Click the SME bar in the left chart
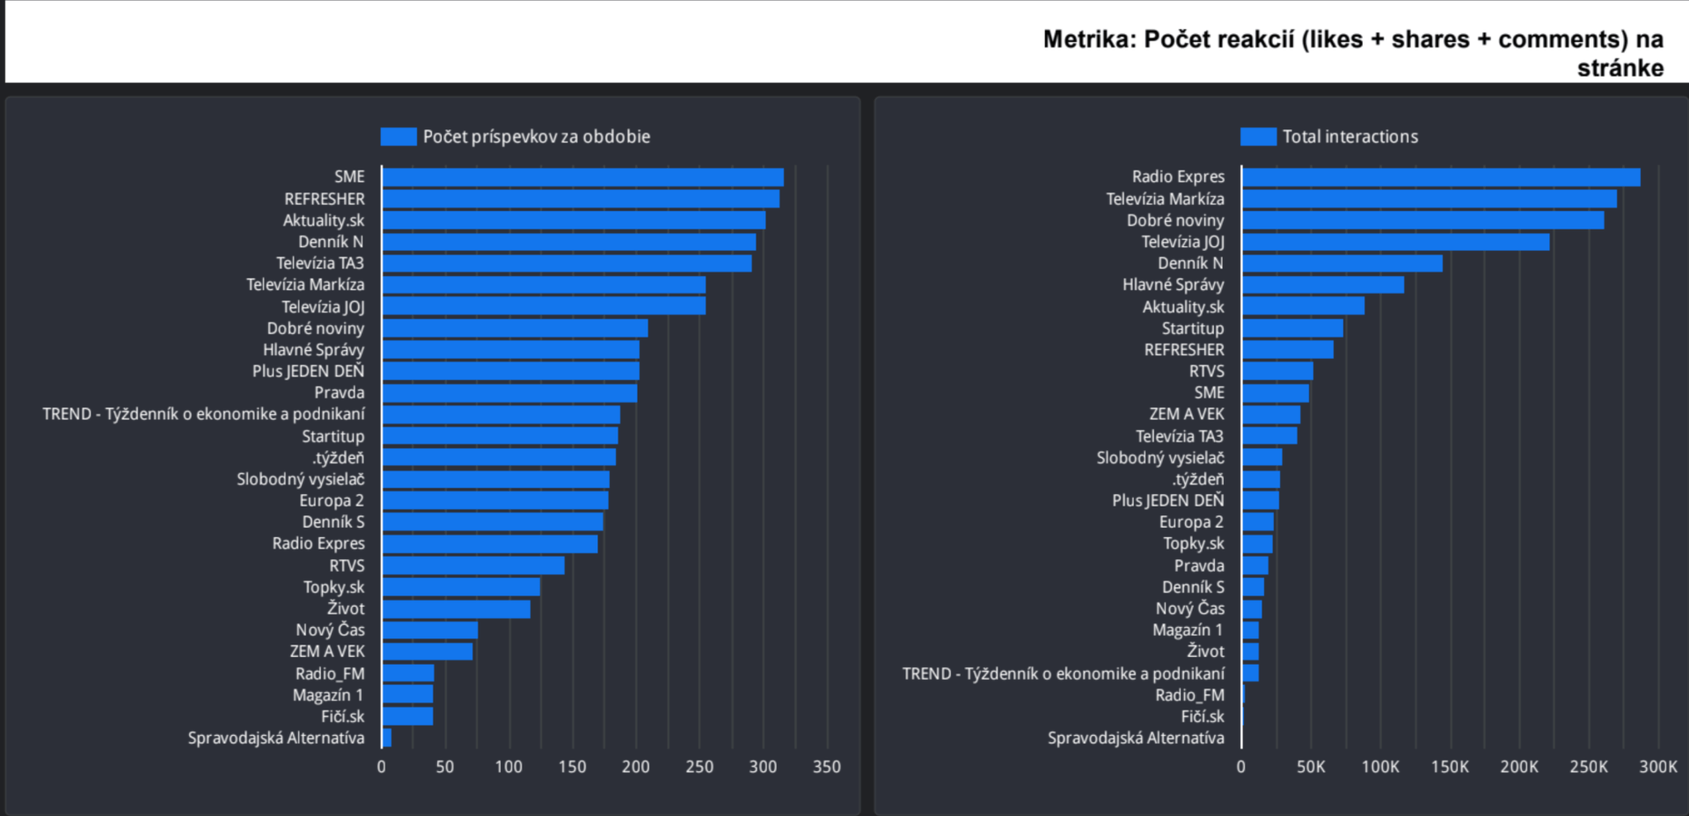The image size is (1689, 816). pyautogui.click(x=582, y=177)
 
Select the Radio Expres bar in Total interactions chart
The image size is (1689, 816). pyautogui.click(x=1441, y=177)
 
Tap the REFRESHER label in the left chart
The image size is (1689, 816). pyautogui.click(x=324, y=199)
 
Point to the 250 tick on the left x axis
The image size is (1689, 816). pyautogui.click(x=699, y=767)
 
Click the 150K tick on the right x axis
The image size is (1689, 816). pyautogui.click(x=1450, y=767)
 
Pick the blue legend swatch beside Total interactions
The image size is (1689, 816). pyautogui.click(x=1258, y=136)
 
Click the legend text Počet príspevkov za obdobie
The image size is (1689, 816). pyautogui.click(x=536, y=136)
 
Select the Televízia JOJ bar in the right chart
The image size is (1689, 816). pyautogui.click(x=1395, y=242)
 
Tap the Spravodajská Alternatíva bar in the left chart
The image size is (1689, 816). pyautogui.click(x=387, y=738)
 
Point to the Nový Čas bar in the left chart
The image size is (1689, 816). pyautogui.click(x=430, y=630)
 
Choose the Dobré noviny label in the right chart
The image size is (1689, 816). pyautogui.click(x=1175, y=221)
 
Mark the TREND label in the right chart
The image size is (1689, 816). pyautogui.click(x=1063, y=674)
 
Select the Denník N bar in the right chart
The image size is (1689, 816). pyautogui.click(x=1342, y=263)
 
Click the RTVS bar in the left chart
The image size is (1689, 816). pyautogui.click(x=473, y=565)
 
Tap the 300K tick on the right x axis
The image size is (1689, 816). pyautogui.click(x=1658, y=767)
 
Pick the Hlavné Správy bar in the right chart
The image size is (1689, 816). pyautogui.click(x=1323, y=285)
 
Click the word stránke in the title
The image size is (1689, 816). pyautogui.click(x=1620, y=69)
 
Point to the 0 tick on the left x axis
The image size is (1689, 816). pyautogui.click(x=381, y=767)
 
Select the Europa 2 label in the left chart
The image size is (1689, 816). pyautogui.click(x=331, y=500)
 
